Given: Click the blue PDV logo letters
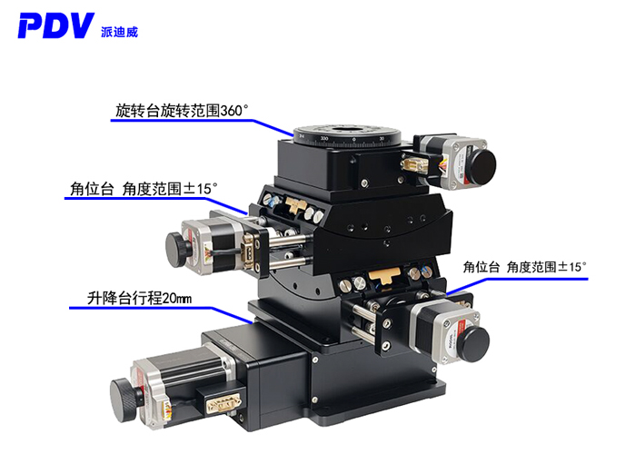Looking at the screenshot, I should coord(55,25).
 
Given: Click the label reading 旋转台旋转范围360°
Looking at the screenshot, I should coord(182,111).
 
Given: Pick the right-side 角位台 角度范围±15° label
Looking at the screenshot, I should coord(524,266).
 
